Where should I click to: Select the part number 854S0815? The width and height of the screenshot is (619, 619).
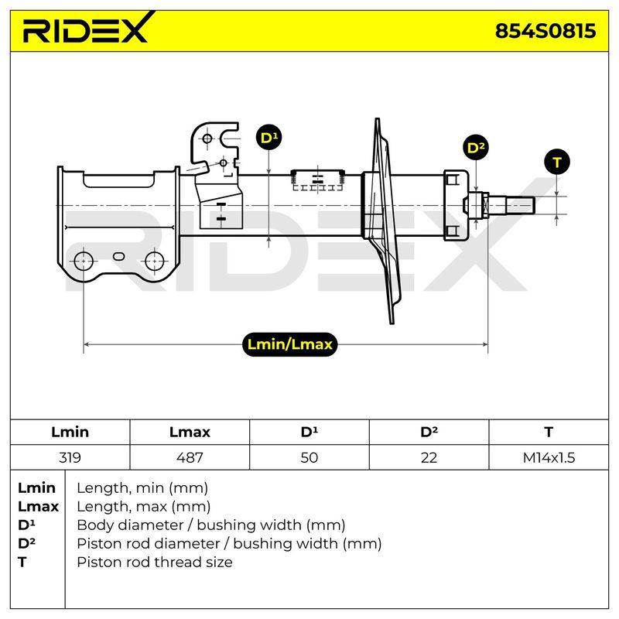pos(545,31)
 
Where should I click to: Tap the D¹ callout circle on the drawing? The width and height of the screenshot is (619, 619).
pos(268,138)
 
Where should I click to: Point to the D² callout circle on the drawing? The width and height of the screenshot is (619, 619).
pos(476,148)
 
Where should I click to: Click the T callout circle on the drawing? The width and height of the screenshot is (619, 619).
pos(556,162)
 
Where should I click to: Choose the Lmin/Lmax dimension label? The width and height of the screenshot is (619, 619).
pos(289,344)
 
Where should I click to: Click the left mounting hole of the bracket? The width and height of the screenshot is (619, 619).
pos(84,261)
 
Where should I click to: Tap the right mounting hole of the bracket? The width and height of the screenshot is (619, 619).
pos(154,261)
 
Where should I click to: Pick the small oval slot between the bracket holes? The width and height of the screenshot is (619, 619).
pos(119,257)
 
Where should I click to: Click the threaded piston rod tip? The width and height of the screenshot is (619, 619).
pos(511,206)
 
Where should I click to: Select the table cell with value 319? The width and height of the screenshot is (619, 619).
pos(70,457)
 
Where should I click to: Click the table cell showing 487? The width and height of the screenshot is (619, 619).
pos(190,457)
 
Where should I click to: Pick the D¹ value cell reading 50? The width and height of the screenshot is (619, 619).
pos(309,457)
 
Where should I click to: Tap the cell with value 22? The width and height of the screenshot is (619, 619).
pos(429,457)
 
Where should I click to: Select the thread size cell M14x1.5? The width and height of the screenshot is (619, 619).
pos(549,457)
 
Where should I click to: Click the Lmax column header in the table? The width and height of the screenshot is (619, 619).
pos(190,432)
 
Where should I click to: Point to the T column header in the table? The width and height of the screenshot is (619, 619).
pos(549,432)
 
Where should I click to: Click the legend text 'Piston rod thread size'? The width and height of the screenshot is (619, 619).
pos(155,562)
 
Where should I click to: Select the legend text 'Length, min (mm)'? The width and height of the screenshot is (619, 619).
pos(142,488)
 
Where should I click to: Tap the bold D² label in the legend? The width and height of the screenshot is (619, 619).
pos(26,543)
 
